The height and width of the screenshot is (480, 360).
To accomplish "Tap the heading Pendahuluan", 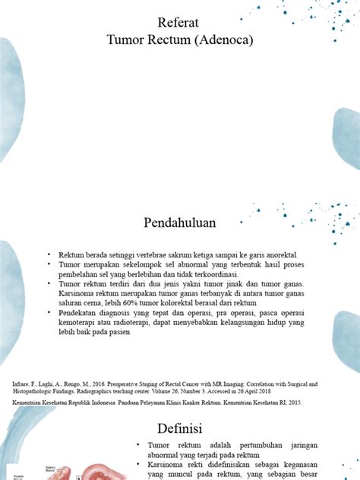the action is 180,223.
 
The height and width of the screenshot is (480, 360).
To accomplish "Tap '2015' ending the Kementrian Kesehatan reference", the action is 290,401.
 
